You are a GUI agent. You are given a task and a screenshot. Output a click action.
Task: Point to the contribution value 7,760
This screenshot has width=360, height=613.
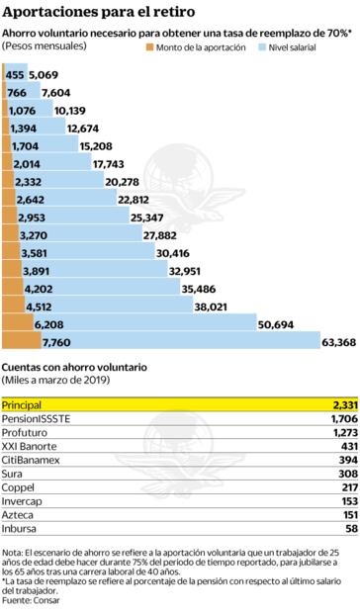point(56,342)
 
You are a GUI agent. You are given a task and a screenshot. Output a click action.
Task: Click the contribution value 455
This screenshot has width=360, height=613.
point(15,74)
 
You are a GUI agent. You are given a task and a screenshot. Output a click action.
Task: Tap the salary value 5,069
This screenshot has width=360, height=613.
point(44,74)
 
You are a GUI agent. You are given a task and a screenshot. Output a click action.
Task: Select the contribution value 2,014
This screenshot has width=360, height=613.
point(27,163)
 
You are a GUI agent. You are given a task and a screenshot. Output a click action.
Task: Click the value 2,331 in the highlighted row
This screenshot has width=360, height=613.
point(342,405)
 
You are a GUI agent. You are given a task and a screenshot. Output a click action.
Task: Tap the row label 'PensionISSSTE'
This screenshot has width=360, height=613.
point(36,419)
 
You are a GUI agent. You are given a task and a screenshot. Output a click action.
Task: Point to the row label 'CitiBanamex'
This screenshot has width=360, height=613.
point(29,460)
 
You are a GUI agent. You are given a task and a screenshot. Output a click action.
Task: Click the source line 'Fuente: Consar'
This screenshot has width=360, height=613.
point(31,600)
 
